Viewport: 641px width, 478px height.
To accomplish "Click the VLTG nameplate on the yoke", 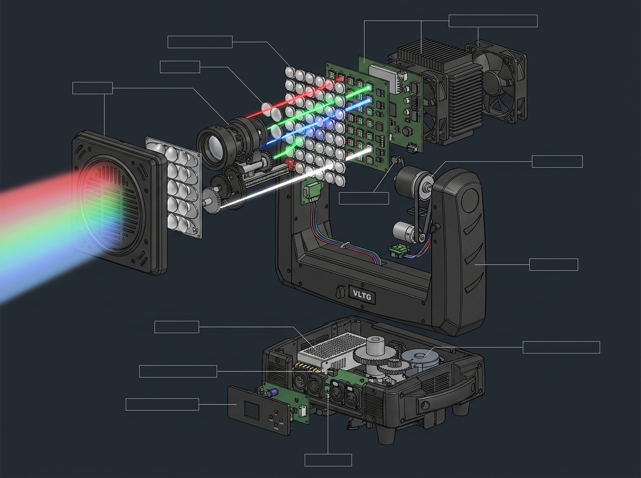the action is (362, 296).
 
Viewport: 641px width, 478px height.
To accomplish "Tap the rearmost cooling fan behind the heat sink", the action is (496, 82).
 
